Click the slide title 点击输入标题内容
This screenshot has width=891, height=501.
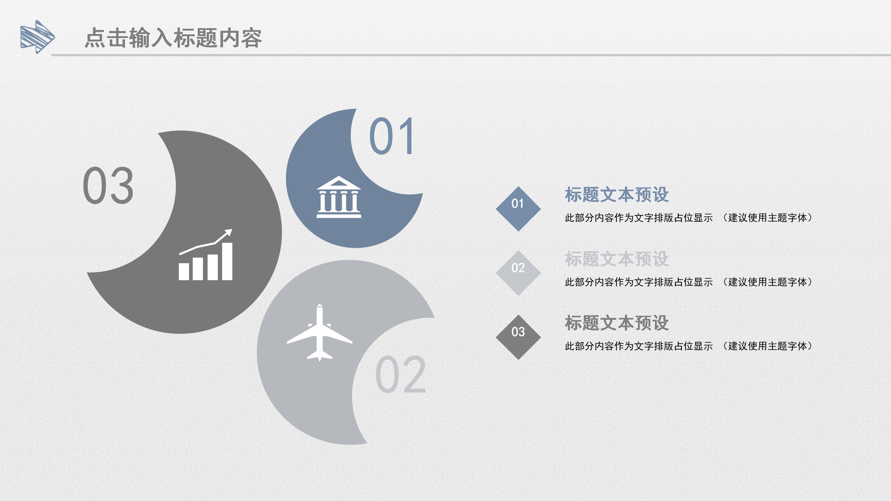coord(173,38)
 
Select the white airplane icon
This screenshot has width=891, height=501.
coord(320,333)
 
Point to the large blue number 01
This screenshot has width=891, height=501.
coord(392,136)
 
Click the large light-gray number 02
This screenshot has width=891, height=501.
coord(401,375)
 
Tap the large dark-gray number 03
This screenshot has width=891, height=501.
coord(108,185)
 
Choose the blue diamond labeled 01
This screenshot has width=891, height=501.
coord(518,209)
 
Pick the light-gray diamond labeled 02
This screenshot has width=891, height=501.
coord(518,273)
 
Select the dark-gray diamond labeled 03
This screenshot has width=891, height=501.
coord(518,337)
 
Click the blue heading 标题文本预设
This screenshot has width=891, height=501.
coord(616,195)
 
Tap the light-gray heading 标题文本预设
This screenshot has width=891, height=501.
coord(616,259)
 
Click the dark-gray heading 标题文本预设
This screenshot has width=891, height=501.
coord(616,323)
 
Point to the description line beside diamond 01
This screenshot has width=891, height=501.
coord(688,218)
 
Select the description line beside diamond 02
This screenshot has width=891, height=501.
coord(688,282)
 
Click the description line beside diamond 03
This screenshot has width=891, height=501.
coord(688,346)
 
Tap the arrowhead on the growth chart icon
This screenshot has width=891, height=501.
coord(228,232)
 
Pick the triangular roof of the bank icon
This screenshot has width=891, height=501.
coord(339,183)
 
